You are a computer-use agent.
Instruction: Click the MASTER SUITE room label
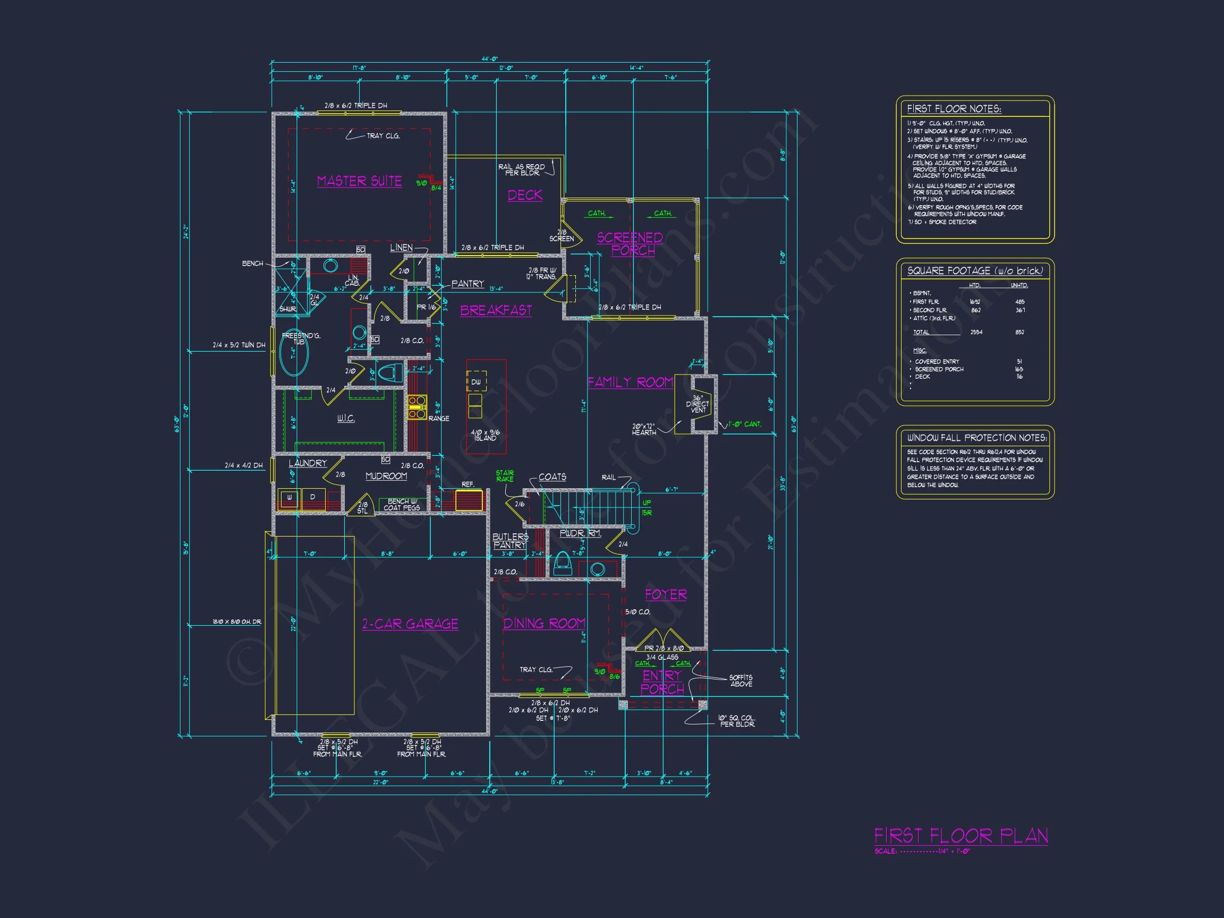point(359,181)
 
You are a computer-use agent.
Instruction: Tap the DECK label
point(524,195)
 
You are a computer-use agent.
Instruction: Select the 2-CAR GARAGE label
point(410,624)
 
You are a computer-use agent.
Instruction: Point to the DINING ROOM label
point(544,623)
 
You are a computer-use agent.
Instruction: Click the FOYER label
point(666,594)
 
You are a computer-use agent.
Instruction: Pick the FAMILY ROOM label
point(630,382)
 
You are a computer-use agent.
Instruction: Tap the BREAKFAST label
point(496,310)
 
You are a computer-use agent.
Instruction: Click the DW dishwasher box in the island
point(476,382)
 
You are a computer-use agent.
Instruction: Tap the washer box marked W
point(289,497)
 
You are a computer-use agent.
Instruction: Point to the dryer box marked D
point(312,497)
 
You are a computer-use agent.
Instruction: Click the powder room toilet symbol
point(562,562)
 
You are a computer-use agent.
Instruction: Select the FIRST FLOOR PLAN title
point(960,836)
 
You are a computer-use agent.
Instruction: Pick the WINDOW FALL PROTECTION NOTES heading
point(976,438)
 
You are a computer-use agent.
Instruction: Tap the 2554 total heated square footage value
point(976,333)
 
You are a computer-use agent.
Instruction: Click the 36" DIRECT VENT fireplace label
point(698,404)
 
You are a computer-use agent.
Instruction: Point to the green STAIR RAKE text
point(505,476)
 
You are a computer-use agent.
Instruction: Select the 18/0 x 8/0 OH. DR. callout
point(237,622)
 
